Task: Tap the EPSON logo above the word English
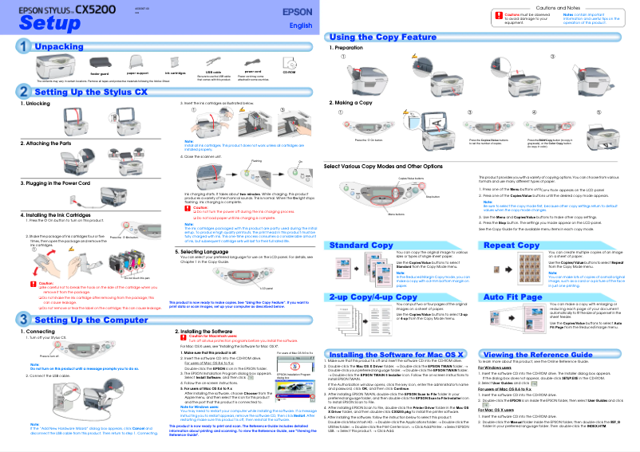tap(298, 13)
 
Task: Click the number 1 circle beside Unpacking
tap(25, 48)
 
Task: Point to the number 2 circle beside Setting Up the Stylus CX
tap(25, 92)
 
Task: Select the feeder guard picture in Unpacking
tap(100, 61)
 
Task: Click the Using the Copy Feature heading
tap(383, 37)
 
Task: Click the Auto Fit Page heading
tap(513, 297)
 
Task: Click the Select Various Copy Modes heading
tap(382, 166)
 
